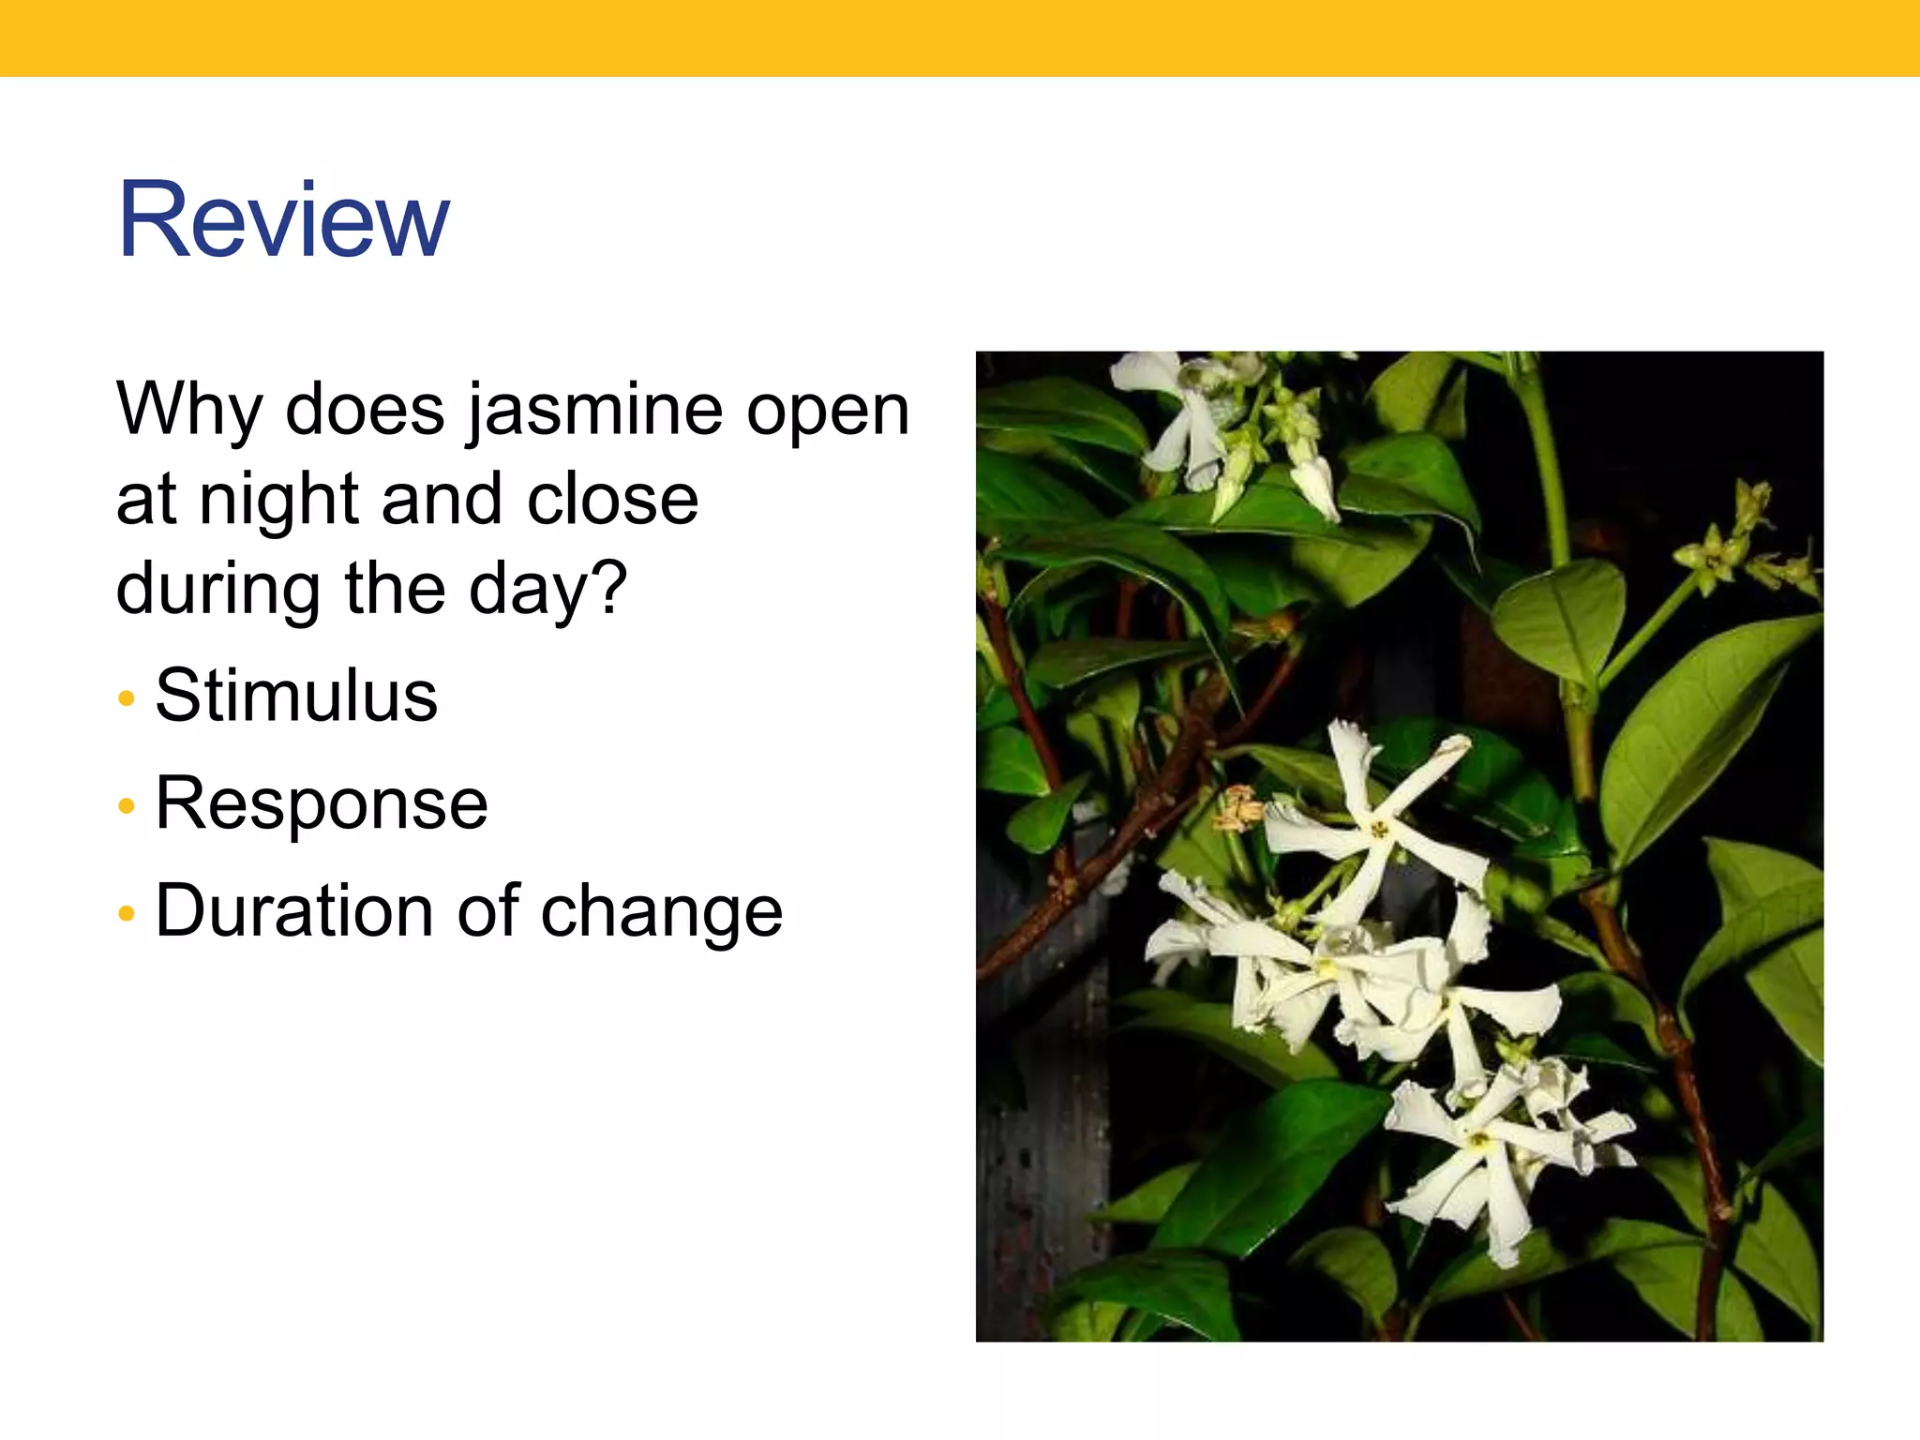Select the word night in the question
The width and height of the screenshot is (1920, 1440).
click(x=279, y=499)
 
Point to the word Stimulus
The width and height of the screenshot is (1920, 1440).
click(x=296, y=696)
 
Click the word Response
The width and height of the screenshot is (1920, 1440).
click(x=322, y=803)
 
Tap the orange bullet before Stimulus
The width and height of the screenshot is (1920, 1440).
click(x=127, y=698)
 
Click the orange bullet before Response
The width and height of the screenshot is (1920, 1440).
click(x=127, y=806)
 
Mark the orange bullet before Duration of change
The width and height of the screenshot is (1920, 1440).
click(x=127, y=913)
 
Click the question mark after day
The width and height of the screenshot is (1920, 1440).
click(x=610, y=587)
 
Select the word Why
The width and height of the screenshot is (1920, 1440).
click(x=189, y=411)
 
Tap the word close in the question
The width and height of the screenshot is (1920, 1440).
click(x=612, y=499)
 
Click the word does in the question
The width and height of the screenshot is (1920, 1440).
click(x=365, y=411)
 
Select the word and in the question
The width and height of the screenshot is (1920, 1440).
click(x=443, y=499)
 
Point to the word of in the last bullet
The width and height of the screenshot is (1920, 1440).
click(x=488, y=910)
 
